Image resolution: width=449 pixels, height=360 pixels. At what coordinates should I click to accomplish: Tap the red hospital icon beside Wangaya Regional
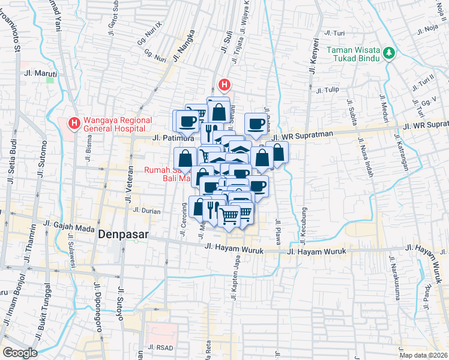74,124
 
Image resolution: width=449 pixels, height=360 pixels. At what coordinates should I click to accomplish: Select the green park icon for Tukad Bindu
390,53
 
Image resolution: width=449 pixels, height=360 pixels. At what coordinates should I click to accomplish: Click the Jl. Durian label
145,211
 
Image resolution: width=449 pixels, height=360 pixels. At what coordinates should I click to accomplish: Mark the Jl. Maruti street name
40,74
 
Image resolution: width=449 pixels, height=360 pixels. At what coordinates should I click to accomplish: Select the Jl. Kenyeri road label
313,56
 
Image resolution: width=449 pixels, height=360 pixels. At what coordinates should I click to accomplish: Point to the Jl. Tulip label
327,91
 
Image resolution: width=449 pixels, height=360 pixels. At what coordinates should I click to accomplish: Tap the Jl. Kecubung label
304,226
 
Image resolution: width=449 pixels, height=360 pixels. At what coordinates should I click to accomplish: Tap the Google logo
20,352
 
